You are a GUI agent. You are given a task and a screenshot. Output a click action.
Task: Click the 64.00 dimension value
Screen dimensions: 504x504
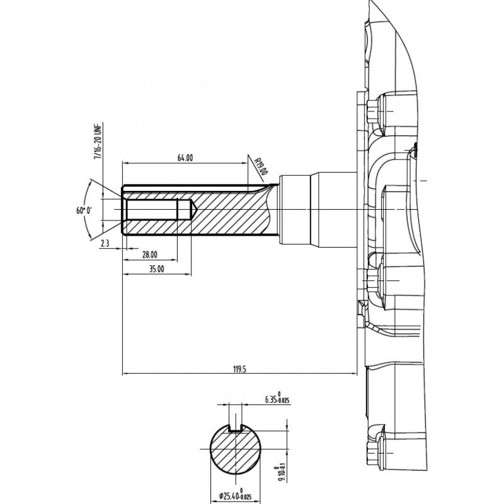click(185, 158)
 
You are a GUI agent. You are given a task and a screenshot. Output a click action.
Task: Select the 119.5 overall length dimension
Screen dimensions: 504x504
click(239, 369)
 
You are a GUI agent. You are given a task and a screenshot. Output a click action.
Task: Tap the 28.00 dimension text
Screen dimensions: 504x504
click(150, 255)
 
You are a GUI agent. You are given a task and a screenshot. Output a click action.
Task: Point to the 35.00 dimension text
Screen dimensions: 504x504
click(156, 269)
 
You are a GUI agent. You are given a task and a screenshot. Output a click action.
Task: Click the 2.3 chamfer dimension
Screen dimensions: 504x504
click(105, 243)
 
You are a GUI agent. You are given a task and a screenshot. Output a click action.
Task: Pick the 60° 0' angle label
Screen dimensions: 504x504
click(84, 210)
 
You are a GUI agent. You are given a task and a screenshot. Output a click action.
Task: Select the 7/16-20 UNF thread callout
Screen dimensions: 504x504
click(98, 140)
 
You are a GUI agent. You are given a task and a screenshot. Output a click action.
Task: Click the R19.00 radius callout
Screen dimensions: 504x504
click(261, 166)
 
